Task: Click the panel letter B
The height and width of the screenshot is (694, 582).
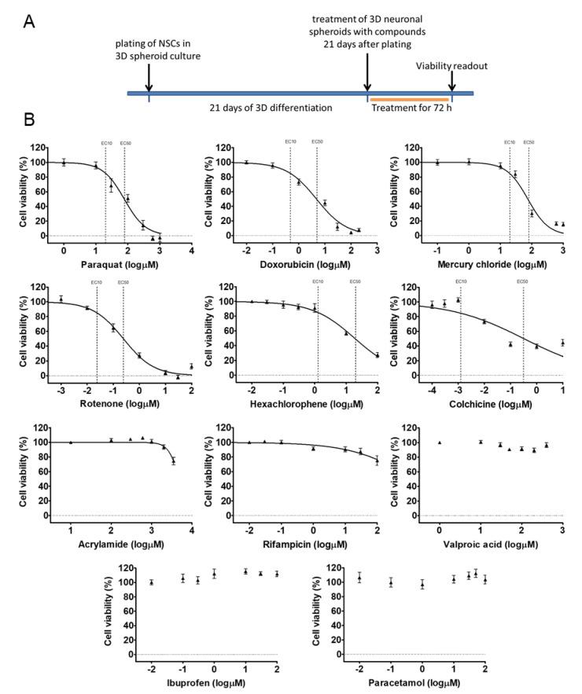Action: click(29, 123)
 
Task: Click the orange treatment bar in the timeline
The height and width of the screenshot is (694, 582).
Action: click(408, 100)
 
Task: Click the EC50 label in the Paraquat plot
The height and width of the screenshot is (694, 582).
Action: click(126, 142)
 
